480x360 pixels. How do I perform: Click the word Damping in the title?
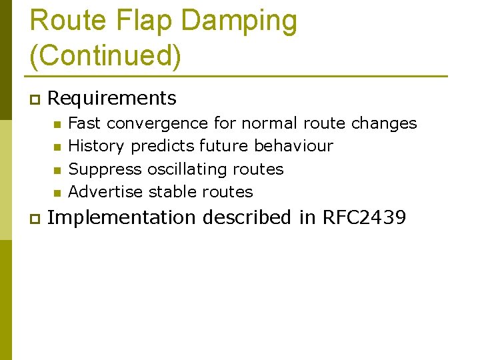click(239, 21)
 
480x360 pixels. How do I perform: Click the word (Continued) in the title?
click(105, 55)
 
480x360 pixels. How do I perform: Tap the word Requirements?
click(112, 99)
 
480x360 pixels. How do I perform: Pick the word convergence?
click(157, 123)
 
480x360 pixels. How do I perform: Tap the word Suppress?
click(105, 169)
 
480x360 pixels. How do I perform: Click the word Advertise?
click(106, 192)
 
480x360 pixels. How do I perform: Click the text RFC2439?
click(364, 218)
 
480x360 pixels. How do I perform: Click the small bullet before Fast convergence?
click(57, 124)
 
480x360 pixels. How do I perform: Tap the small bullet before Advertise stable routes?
click(57, 193)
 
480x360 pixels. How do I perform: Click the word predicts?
click(163, 146)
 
